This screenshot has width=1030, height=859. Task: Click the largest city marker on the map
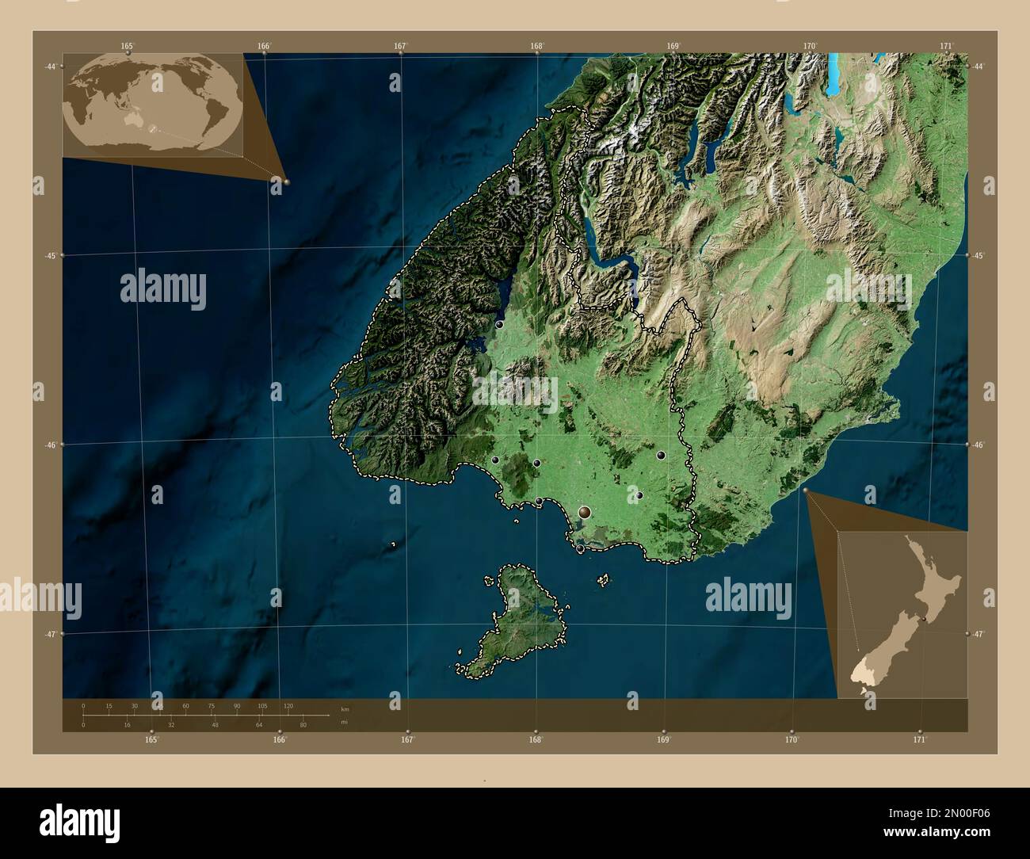tap(585, 513)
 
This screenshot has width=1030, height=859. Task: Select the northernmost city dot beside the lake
tap(499, 324)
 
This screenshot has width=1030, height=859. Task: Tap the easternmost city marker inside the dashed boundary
tap(661, 455)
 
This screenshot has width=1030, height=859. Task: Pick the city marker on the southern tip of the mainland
tap(580, 548)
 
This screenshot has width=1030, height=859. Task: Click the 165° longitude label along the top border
tap(128, 46)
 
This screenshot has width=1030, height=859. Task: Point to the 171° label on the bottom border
tap(919, 739)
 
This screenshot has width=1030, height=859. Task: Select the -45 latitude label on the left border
tap(48, 255)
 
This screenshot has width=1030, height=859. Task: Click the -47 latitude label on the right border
tap(979, 634)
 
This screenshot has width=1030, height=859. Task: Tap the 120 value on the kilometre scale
tap(288, 705)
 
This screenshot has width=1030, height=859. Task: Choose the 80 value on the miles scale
tap(302, 724)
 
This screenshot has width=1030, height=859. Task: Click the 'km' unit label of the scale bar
tap(344, 709)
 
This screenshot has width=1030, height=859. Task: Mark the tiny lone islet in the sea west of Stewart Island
tap(393, 544)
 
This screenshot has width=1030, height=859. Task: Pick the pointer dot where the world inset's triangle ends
tap(286, 181)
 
